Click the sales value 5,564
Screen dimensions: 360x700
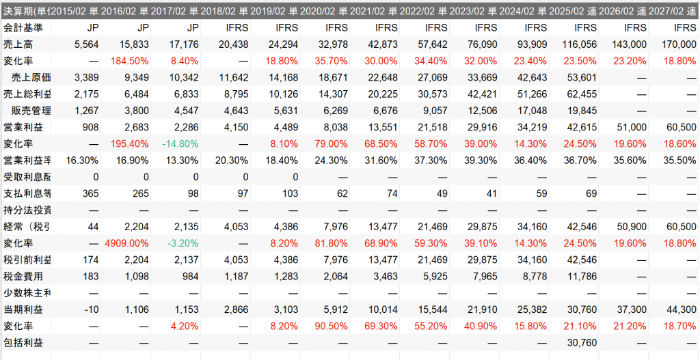(86, 44)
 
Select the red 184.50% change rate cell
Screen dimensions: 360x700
(130, 61)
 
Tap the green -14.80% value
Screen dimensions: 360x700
(180, 144)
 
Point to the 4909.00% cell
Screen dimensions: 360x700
(128, 243)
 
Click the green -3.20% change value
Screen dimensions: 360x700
(183, 243)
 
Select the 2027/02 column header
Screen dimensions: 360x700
(674, 11)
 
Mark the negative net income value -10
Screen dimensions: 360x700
(92, 309)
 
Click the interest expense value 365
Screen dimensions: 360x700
(91, 193)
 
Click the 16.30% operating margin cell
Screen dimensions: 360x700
(81, 160)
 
